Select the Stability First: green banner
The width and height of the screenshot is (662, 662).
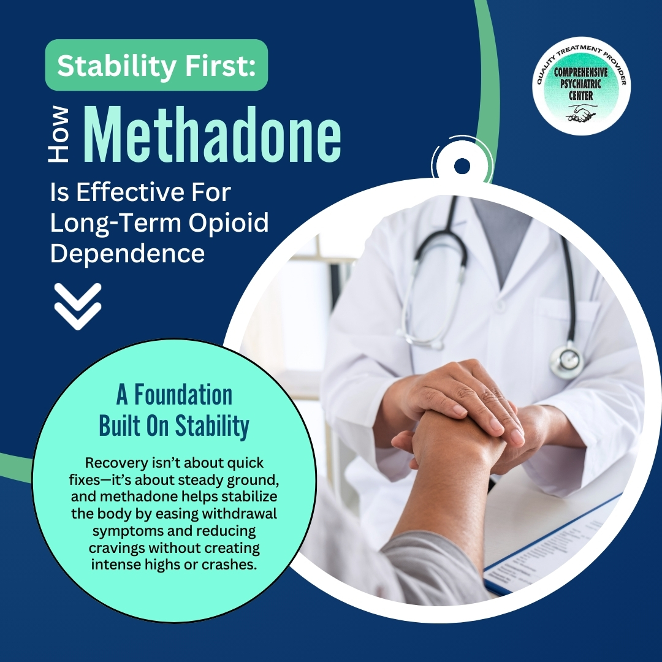point(156,66)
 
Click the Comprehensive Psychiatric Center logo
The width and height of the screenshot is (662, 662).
point(581,86)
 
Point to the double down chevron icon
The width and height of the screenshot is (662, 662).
point(78,306)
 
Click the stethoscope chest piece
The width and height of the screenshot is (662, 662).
point(566,360)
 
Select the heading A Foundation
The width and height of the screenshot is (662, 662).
point(174,395)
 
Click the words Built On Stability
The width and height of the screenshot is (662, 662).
point(174,427)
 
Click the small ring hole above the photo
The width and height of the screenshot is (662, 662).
point(462,165)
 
